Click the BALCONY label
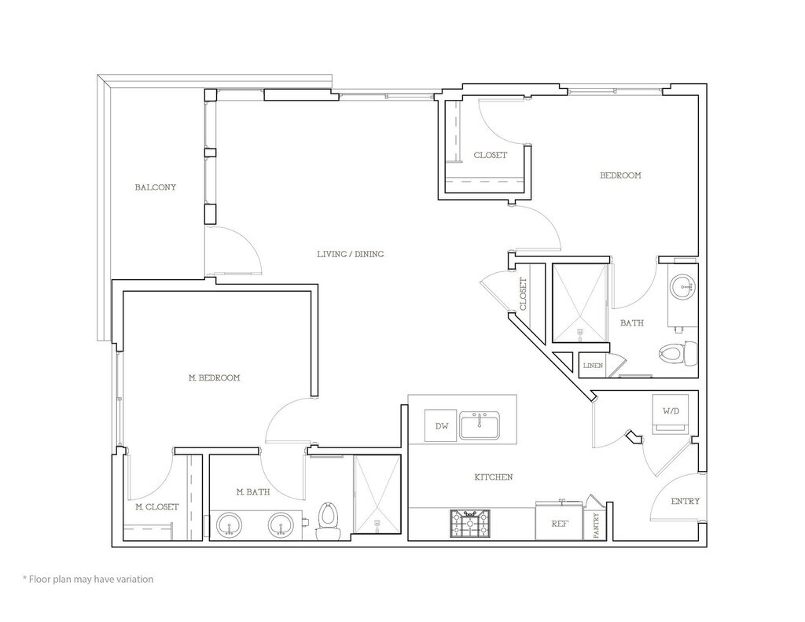point(155,188)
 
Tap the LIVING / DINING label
point(350,254)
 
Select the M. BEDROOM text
point(215,378)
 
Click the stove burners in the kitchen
point(470,524)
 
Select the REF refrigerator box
point(559,522)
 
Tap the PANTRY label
point(597,524)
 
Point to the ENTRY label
point(686,501)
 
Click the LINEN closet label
point(593,366)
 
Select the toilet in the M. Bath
point(328,521)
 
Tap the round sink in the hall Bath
point(681,287)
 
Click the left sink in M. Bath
point(230,524)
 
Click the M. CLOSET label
point(156,507)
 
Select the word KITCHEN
point(494,477)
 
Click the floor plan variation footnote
point(88,580)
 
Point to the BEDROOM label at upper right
point(620,175)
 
